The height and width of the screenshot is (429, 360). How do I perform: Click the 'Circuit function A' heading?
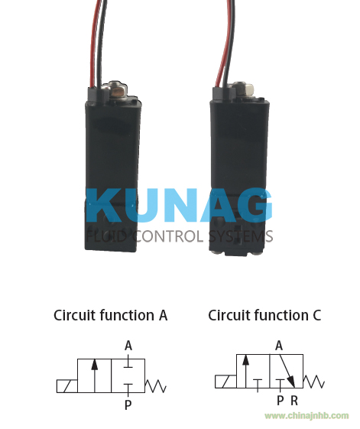(x=110, y=315)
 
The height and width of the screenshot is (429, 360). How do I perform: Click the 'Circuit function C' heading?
(x=264, y=315)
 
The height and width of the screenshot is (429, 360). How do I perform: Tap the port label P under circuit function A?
(x=128, y=405)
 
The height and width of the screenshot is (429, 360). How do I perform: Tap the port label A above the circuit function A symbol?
(x=128, y=346)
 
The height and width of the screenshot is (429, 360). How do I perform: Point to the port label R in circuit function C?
(x=294, y=401)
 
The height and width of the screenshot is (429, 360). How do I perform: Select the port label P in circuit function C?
(x=280, y=401)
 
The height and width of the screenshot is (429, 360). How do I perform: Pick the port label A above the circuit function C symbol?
(x=279, y=346)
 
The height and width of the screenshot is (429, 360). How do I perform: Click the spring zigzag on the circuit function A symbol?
(x=155, y=386)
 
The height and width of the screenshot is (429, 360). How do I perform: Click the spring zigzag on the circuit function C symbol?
(x=314, y=382)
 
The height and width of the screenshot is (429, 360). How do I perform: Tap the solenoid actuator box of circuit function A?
(x=67, y=386)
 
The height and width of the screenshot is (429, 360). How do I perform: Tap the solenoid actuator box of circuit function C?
(x=225, y=382)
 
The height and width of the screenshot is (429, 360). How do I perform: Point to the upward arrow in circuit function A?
(x=94, y=375)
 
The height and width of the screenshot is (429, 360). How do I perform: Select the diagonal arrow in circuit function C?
(x=287, y=371)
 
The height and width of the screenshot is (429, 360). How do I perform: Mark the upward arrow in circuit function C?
(x=245, y=371)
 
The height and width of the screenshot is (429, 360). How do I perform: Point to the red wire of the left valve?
(x=94, y=44)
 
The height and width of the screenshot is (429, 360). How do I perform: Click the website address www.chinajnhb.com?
(x=306, y=416)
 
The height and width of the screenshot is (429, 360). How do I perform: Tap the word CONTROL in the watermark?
(x=169, y=236)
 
